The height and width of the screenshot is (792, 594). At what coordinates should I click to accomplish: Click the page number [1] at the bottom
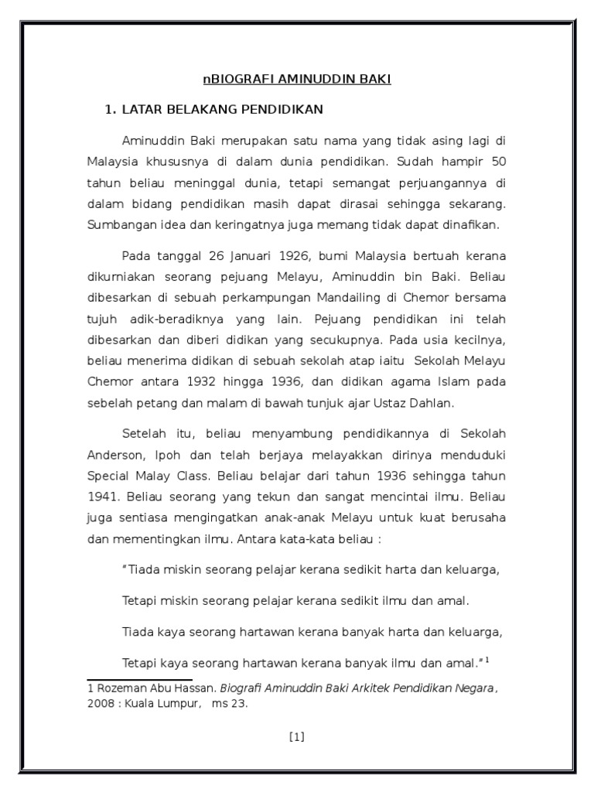point(297,737)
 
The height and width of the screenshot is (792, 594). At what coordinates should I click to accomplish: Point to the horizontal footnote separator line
point(138,678)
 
